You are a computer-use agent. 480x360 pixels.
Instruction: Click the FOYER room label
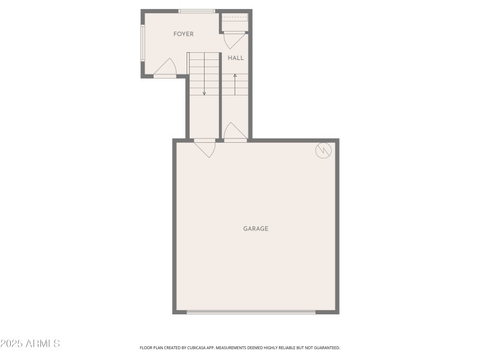click(x=184, y=34)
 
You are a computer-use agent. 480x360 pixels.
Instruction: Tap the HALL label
click(x=236, y=58)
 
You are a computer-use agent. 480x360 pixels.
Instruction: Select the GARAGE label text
click(x=256, y=229)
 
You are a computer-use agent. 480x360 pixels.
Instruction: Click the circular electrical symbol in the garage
click(x=323, y=151)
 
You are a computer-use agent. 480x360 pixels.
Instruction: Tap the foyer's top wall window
click(x=197, y=11)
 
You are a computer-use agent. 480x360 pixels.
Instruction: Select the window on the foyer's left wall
click(x=143, y=43)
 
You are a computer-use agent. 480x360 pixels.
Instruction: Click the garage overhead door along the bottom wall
click(x=251, y=312)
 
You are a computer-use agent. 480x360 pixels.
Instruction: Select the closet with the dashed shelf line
click(x=235, y=21)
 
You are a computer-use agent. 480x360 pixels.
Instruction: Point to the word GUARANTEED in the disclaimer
click(x=326, y=347)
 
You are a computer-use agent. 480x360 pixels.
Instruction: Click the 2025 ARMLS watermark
click(x=30, y=344)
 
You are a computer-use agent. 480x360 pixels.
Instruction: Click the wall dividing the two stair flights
click(x=221, y=96)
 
